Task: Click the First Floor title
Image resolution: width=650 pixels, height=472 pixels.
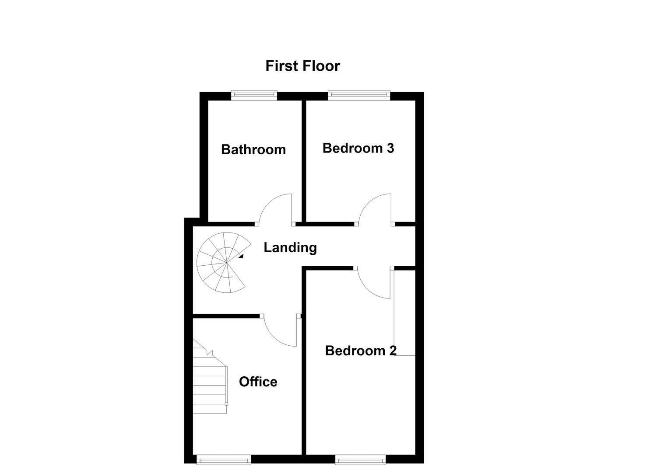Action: pos(302,66)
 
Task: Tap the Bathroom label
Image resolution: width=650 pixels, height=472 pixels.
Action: pos(253,149)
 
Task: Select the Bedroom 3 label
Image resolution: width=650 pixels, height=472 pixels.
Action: pos(358,148)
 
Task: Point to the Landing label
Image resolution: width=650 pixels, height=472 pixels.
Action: pos(290,248)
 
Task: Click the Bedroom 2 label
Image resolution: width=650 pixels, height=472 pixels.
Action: pos(361,351)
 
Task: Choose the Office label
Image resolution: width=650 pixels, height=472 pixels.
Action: pos(258,382)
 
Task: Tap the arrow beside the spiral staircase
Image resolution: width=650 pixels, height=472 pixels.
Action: pos(241,256)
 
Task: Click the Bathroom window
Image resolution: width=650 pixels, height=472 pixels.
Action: pos(254,94)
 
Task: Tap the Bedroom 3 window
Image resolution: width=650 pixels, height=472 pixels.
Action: pos(359,94)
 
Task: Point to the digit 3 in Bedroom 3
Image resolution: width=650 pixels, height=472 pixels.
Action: pos(390,148)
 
